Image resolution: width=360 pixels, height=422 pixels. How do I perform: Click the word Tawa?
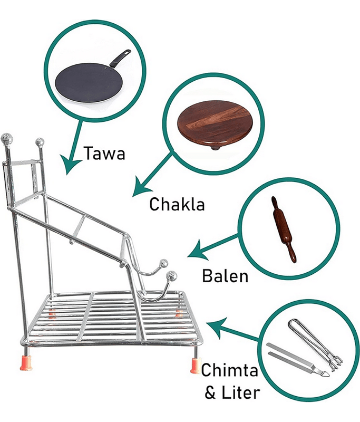click(104, 153)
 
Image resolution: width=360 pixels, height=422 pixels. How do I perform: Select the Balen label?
click(225, 276)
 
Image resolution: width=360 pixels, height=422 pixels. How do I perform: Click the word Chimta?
click(229, 370)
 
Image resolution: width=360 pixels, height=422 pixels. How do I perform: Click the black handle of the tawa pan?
click(121, 57)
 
